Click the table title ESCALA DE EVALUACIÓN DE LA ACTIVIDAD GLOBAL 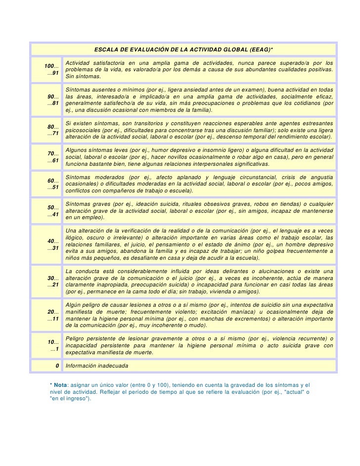point(183,50)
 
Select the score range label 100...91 point(51,70)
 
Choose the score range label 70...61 point(53,157)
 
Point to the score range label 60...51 point(53,184)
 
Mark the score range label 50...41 point(53,211)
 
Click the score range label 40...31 point(53,244)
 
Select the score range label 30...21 point(53,281)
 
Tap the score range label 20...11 point(53,316)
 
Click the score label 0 point(57,366)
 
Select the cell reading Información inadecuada point(97,366)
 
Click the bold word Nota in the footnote point(60,384)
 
